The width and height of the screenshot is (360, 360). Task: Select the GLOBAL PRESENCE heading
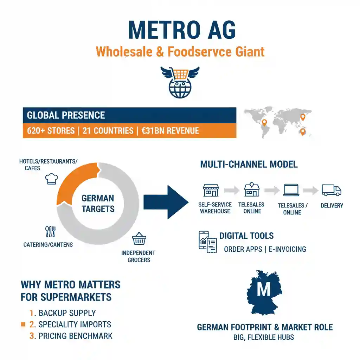click(66, 115)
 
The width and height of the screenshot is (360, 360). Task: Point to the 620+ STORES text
click(51, 131)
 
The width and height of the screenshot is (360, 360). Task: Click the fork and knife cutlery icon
click(50, 232)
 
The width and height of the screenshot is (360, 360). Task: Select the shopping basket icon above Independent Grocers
click(139, 240)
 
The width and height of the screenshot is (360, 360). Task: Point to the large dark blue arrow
click(165, 202)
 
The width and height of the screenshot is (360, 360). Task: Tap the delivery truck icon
click(331, 190)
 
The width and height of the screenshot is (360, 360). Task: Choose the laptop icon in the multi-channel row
click(292, 190)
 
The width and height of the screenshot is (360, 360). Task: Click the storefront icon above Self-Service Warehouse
click(211, 190)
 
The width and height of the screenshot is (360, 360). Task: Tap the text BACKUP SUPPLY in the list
click(67, 313)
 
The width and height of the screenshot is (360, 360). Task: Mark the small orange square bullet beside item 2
click(23, 324)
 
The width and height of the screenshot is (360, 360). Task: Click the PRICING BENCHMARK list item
click(76, 336)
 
